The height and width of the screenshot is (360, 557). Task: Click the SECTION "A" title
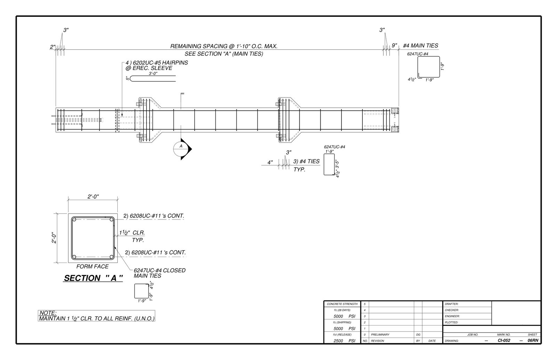click(93, 278)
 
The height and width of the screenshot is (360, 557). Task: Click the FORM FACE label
click(92, 267)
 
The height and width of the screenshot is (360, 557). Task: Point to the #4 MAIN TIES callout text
click(420, 46)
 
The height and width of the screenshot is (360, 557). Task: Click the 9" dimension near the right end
click(394, 46)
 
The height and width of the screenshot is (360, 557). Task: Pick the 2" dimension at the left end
click(53, 47)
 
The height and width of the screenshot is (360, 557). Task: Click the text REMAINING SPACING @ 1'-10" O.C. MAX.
click(223, 46)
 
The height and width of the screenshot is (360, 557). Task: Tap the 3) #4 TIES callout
click(306, 161)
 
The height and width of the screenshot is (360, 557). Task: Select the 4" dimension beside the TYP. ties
click(270, 162)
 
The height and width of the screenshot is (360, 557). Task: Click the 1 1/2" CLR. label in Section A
click(132, 233)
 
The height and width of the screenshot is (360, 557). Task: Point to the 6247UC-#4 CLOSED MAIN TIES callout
click(159, 273)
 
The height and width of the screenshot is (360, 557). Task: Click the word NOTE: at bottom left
click(48, 313)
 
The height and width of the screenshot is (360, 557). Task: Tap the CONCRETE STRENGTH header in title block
click(342, 304)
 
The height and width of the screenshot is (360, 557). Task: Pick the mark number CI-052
click(503, 341)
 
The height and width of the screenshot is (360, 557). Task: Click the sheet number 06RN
click(533, 341)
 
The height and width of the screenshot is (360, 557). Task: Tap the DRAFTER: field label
click(452, 304)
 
